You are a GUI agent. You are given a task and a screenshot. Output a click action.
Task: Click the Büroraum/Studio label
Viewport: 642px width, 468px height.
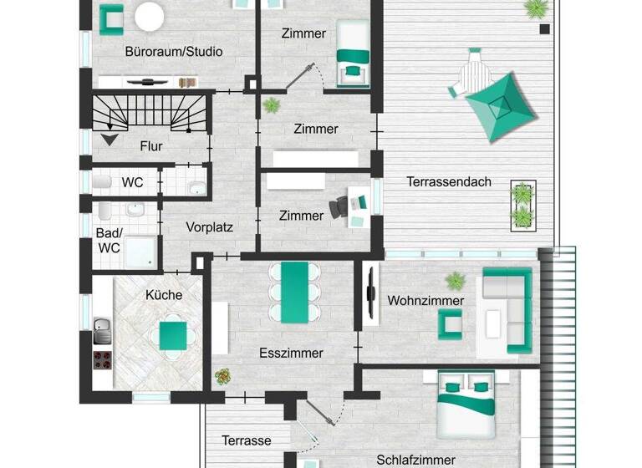[173, 51]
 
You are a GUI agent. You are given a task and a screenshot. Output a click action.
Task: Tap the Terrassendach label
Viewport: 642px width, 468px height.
[449, 181]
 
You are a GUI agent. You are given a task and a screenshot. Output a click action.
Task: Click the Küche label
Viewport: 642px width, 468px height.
[163, 294]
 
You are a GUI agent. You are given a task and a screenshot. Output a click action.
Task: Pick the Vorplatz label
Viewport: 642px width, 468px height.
[209, 226]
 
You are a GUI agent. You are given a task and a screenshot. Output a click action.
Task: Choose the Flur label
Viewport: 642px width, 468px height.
[151, 146]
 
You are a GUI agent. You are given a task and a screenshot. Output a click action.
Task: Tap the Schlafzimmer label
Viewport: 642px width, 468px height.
[415, 460]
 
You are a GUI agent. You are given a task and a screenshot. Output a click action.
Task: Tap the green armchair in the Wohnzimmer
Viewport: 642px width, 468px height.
[450, 323]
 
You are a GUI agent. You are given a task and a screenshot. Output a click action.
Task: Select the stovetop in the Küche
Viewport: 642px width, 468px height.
[103, 360]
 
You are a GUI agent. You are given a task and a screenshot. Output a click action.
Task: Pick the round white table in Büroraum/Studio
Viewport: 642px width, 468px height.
[150, 17]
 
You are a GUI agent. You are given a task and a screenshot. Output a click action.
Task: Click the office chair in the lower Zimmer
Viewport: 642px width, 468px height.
[339, 206]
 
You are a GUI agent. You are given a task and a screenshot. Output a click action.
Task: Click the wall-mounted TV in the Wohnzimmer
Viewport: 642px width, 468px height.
[369, 292]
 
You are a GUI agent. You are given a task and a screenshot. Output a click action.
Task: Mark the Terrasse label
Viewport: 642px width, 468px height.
[247, 440]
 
